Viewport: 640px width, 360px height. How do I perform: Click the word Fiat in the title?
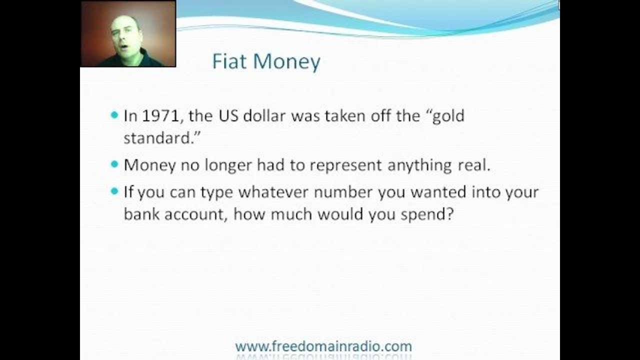[229, 61]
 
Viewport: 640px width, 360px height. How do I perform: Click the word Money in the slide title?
[286, 62]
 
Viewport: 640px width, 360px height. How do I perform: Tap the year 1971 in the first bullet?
[160, 116]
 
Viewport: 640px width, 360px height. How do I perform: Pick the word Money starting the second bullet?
[149, 165]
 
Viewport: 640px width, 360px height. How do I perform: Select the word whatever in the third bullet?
[273, 191]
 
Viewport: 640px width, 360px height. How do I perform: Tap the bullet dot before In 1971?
[114, 115]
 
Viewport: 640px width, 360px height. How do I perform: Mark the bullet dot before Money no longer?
[114, 164]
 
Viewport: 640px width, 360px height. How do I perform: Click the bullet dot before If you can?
[114, 191]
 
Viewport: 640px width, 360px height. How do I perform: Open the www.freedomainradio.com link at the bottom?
[323, 346]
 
